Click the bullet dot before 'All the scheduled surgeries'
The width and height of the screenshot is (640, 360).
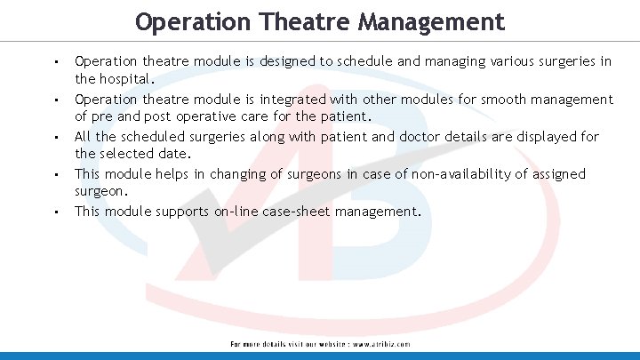pyautogui.click(x=55, y=138)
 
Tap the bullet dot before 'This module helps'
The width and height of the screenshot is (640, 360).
pyautogui.click(x=55, y=175)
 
